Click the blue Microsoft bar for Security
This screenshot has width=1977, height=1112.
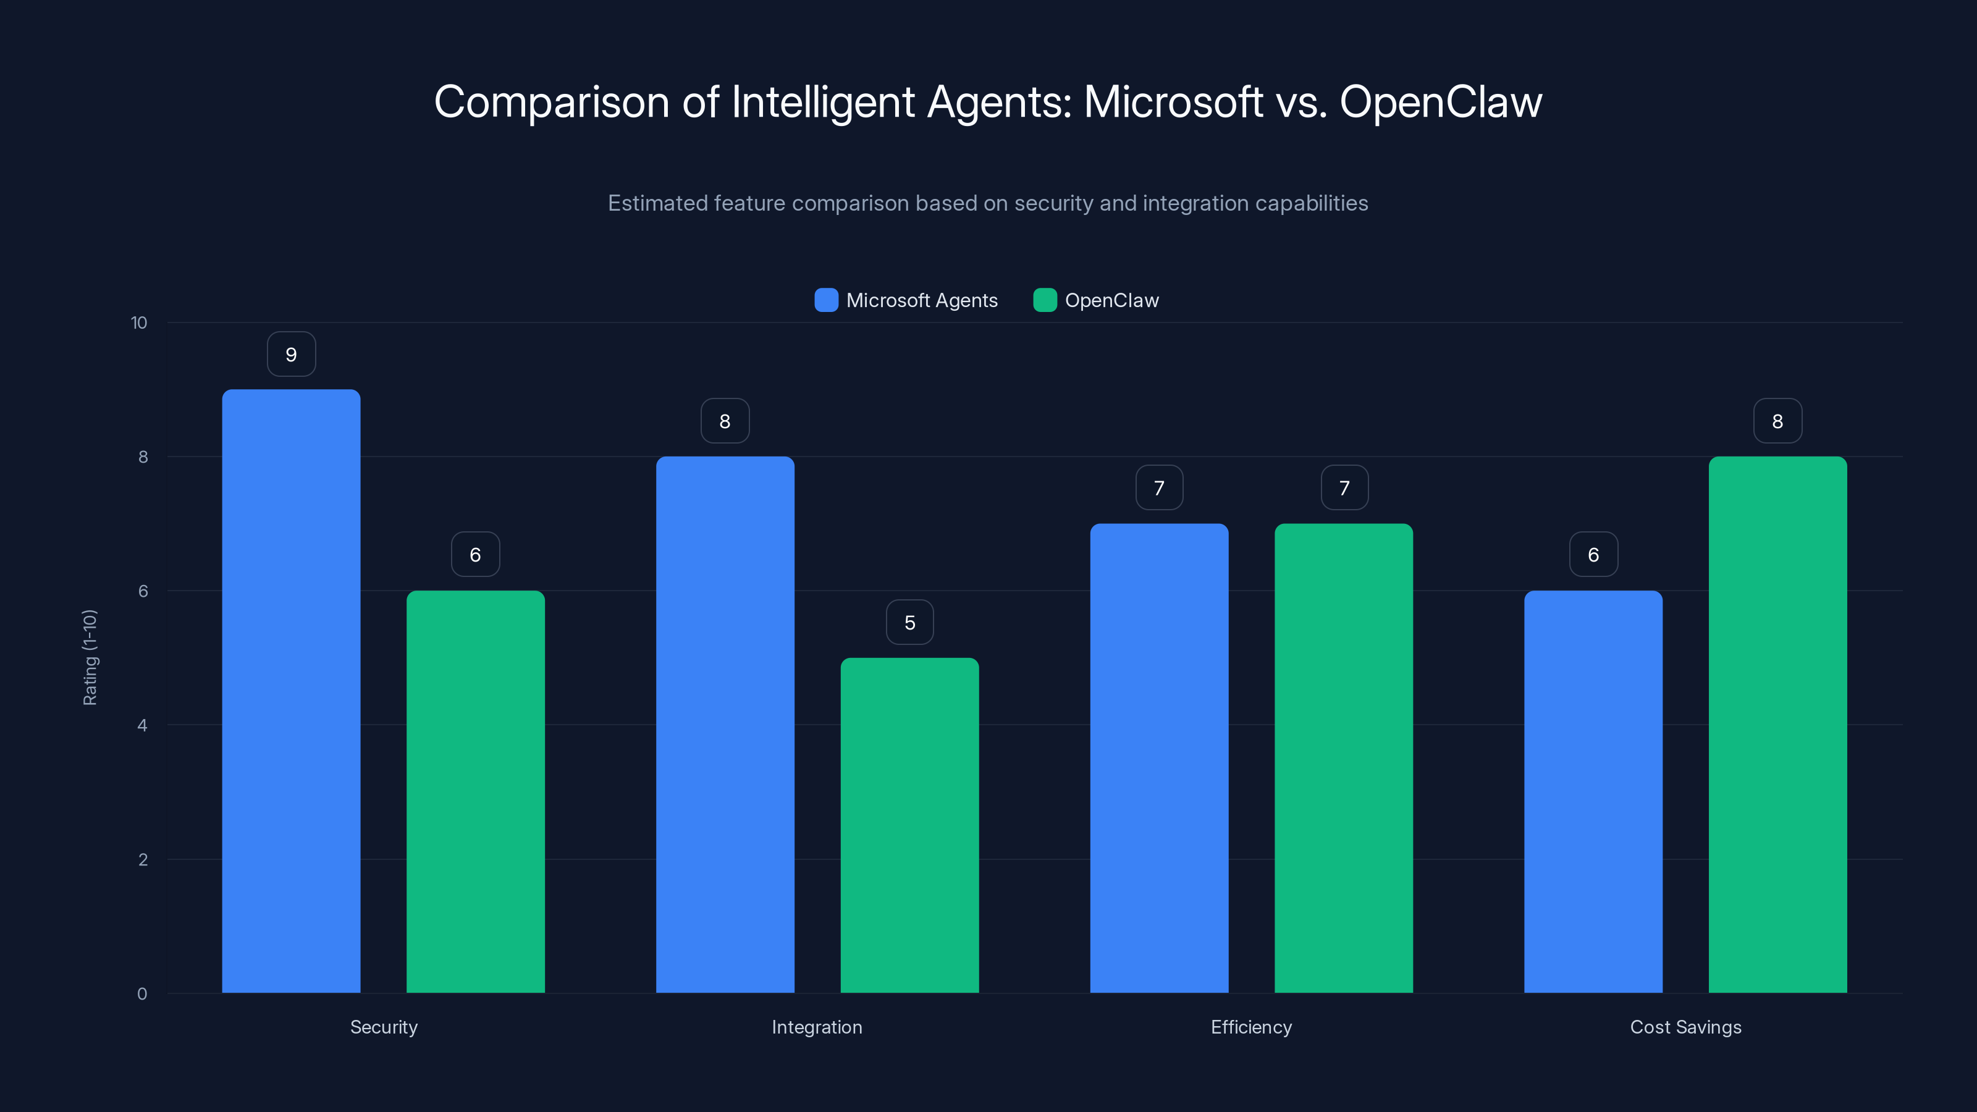point(291,691)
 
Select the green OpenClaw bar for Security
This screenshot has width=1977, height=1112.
point(475,791)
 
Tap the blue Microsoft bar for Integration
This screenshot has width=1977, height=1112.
point(725,725)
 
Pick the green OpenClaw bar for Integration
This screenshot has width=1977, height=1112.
point(909,825)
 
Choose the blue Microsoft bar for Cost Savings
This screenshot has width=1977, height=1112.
point(1593,791)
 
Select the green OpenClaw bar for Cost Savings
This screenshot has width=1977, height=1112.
point(1777,725)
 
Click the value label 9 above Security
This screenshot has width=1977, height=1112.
point(291,355)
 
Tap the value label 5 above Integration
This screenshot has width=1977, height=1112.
point(909,622)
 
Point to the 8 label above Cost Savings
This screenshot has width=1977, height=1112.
point(1777,421)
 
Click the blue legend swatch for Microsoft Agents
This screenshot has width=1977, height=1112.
point(826,300)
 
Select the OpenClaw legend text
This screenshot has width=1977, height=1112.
point(1111,300)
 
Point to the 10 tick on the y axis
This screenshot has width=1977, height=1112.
point(139,322)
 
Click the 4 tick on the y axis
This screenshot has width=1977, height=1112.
point(142,725)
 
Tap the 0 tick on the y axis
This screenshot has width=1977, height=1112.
point(142,994)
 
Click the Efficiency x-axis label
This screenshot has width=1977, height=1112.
point(1251,1027)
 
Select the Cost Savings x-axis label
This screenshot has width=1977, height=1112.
point(1685,1027)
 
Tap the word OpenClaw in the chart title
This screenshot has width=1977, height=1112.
point(1441,102)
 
